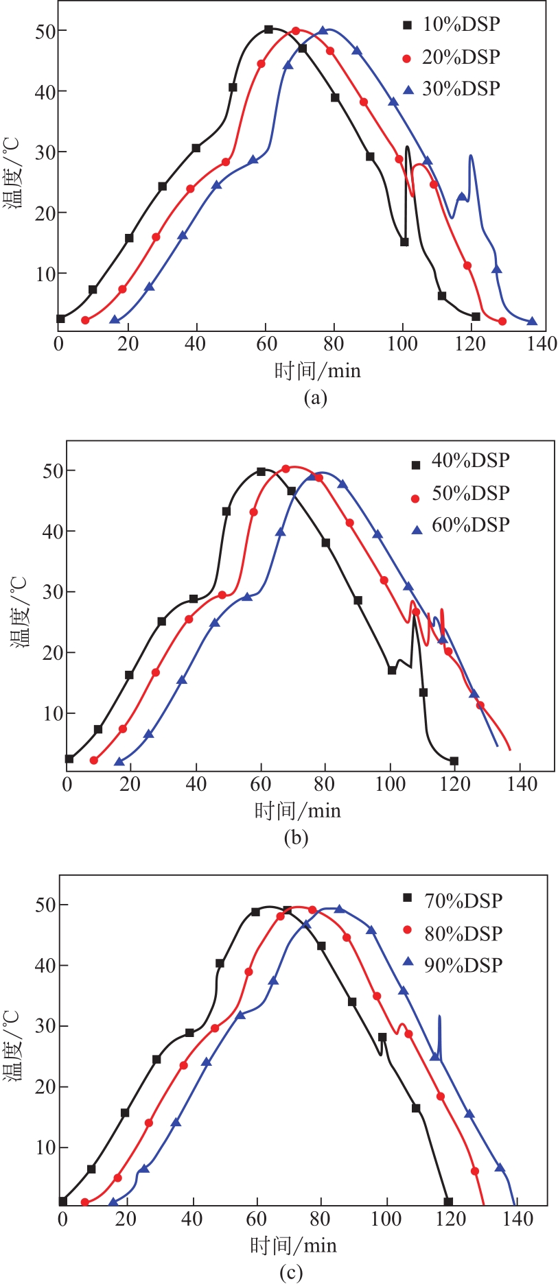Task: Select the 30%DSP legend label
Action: [x=460, y=88]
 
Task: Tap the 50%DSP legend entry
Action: [x=469, y=493]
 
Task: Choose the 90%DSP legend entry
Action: [x=463, y=965]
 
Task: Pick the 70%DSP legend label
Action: [x=463, y=901]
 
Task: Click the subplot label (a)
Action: [x=315, y=398]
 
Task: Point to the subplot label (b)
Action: [x=296, y=837]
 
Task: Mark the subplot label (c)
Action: [x=291, y=1273]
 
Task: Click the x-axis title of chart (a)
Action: [x=317, y=371]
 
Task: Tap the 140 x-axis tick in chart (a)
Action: [x=542, y=344]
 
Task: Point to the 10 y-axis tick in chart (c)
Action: [x=46, y=1147]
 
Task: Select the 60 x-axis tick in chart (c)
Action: [x=257, y=1219]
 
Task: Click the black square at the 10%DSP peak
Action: [x=268, y=29]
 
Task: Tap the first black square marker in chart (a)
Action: [x=60, y=319]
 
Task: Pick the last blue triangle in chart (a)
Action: [x=532, y=321]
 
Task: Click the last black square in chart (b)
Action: [x=454, y=761]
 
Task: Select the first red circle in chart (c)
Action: [x=85, y=1202]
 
